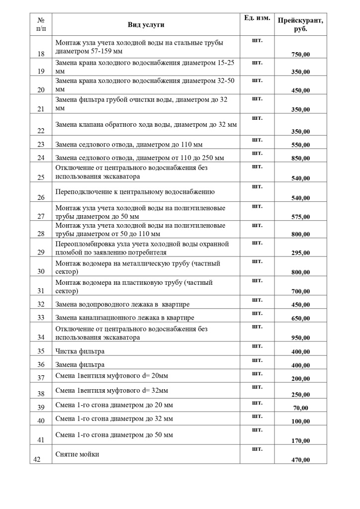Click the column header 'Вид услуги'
[146, 25]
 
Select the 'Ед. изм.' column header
[257, 18]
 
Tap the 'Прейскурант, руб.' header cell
[300, 25]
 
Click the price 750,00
[300, 54]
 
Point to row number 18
[41, 54]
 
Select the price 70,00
[300, 408]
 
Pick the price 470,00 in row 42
[300, 460]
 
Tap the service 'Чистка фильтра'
[80, 351]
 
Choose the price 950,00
[300, 338]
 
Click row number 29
[41, 252]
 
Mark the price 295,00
[300, 253]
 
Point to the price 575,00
[300, 217]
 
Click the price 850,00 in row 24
[300, 158]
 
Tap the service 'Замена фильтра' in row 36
[80, 364]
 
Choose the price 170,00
[300, 440]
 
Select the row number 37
[41, 378]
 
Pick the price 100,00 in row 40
[300, 421]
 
